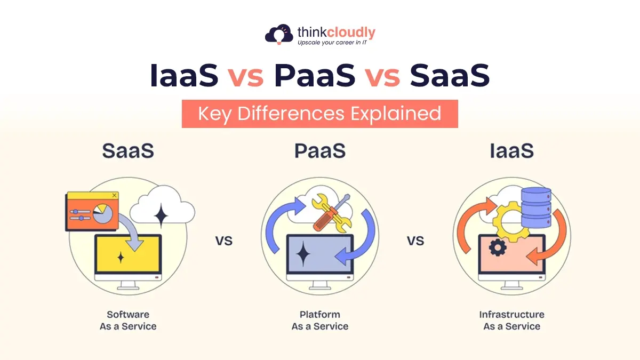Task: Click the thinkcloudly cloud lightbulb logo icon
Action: click(279, 34)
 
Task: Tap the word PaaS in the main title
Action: click(315, 75)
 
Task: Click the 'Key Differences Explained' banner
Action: click(319, 114)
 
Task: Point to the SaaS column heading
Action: click(128, 150)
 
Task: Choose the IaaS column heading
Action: click(511, 150)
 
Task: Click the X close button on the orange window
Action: click(114, 195)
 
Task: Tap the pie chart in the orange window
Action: click(102, 213)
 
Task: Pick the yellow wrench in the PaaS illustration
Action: click(331, 213)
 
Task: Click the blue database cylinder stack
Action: click(536, 207)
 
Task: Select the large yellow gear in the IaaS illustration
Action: click(511, 222)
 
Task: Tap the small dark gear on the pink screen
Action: click(498, 247)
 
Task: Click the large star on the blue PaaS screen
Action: click(303, 254)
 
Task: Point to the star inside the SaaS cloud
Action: click(161, 215)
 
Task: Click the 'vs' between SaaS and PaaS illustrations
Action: click(223, 241)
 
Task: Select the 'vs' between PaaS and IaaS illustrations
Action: click(415, 241)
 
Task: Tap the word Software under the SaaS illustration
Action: click(128, 315)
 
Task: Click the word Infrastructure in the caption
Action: click(511, 315)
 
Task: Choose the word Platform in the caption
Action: click(319, 315)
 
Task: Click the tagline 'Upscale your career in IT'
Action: click(332, 43)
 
